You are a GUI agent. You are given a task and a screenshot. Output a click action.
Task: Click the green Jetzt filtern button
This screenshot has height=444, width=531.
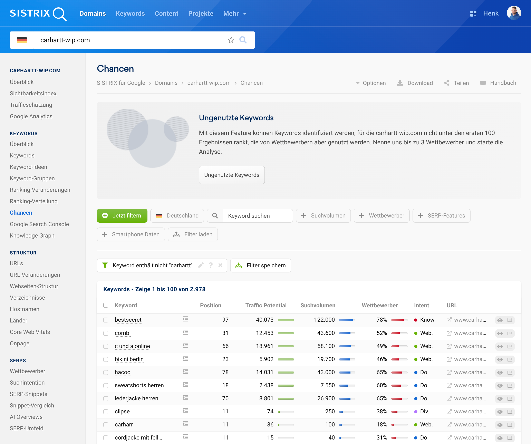(x=122, y=215)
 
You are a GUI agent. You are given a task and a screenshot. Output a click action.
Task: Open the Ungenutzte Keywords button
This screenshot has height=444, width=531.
(x=232, y=175)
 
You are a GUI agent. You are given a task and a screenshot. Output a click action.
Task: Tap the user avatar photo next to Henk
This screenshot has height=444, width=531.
(x=514, y=13)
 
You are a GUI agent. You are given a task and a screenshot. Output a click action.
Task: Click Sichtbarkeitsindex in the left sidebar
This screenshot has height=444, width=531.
(x=33, y=93)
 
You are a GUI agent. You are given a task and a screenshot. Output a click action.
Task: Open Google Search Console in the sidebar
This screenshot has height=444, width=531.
(x=39, y=224)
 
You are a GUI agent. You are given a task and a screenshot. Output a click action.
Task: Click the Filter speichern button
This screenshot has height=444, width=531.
(x=260, y=266)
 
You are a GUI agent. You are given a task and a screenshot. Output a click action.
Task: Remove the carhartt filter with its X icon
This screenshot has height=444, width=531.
(x=220, y=265)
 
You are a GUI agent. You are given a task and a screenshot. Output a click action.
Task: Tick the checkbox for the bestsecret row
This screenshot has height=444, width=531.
(x=106, y=320)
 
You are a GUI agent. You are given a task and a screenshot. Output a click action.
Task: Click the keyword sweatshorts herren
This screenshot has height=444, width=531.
(x=139, y=385)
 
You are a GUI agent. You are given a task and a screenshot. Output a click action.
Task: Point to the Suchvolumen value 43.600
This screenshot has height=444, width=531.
(x=326, y=333)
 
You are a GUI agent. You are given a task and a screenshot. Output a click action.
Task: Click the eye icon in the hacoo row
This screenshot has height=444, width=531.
(x=500, y=373)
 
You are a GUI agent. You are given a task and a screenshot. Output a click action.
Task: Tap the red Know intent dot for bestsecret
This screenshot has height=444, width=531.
(x=415, y=320)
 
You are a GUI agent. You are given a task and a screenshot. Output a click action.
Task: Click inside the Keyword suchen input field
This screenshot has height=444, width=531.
(x=257, y=216)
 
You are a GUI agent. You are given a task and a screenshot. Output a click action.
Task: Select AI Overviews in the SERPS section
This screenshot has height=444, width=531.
(x=26, y=417)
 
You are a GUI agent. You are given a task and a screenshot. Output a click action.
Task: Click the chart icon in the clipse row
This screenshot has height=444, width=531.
(x=510, y=412)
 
